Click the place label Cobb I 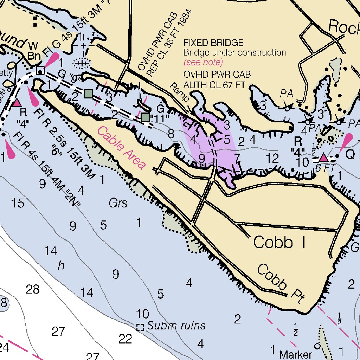(279, 243)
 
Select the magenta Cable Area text (121, 148)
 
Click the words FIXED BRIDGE (213, 43)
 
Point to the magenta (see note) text (203, 63)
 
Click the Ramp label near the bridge (180, 93)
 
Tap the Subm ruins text (176, 326)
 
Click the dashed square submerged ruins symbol (140, 327)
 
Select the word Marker (295, 354)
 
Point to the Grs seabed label (118, 203)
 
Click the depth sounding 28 (33, 290)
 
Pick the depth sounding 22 (125, 339)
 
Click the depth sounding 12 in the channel (272, 158)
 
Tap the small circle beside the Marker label (317, 346)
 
